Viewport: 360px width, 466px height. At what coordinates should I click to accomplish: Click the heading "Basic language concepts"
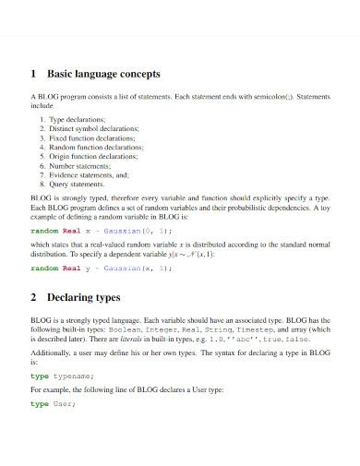[103, 73]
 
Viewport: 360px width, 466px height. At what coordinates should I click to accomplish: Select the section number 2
[34, 299]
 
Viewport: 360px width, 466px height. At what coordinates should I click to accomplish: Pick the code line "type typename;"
[63, 376]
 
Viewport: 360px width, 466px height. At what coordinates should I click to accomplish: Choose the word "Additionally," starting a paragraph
[54, 352]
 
